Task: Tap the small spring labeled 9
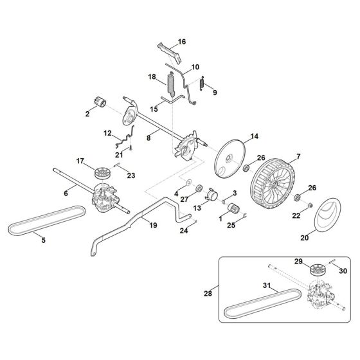click(203, 83)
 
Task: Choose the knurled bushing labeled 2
click(100, 103)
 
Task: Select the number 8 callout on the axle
click(148, 136)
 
